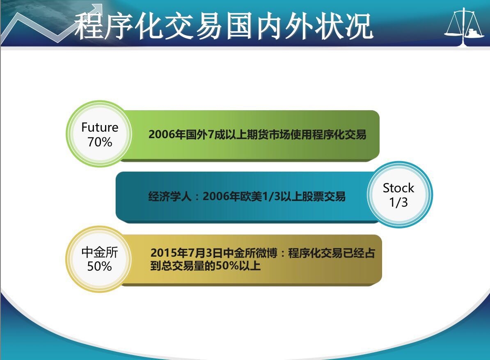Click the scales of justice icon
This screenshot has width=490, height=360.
pos(464,27)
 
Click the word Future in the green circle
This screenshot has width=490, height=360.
pos(100,128)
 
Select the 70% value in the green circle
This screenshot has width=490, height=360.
pos(100,142)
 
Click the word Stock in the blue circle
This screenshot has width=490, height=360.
pos(398,188)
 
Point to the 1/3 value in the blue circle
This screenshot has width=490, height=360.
pos(398,202)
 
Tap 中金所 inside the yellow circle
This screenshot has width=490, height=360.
pos(100,252)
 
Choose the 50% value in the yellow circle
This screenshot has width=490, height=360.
pos(99,267)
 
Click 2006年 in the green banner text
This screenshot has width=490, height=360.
pos(167,134)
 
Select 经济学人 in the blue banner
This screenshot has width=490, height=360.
pos(169,196)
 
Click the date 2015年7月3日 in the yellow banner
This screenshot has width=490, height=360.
pos(187,253)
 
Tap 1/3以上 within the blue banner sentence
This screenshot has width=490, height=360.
pos(282,196)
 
